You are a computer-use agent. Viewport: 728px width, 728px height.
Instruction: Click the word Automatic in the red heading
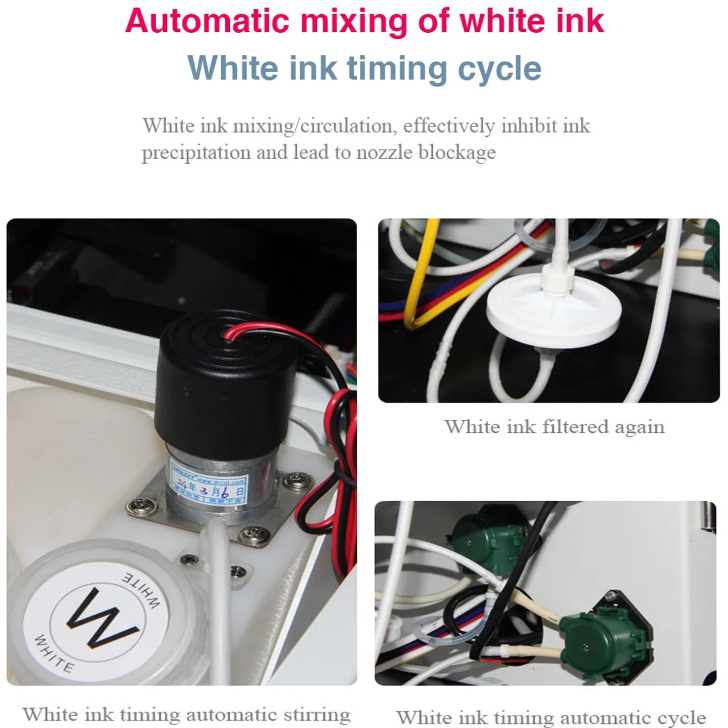[x=207, y=21]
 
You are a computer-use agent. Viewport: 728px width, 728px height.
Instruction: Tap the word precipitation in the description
[x=196, y=152]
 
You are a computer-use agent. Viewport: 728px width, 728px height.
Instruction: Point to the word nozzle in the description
[x=384, y=152]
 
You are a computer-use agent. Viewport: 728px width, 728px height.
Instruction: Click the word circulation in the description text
[x=346, y=125]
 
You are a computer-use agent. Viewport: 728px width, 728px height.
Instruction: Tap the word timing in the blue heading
[x=396, y=69]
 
